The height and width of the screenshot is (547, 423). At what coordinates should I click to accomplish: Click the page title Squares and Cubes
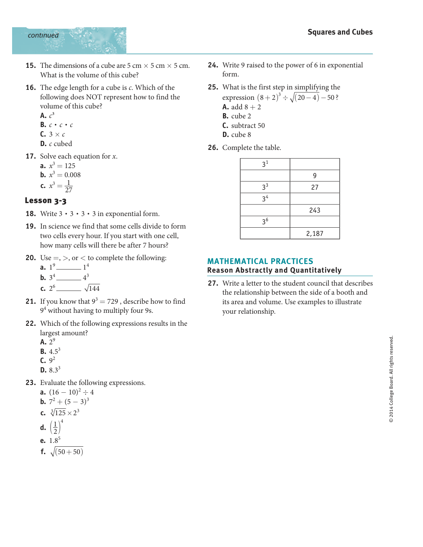point(340,32)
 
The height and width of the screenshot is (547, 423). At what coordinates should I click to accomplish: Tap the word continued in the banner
point(43,35)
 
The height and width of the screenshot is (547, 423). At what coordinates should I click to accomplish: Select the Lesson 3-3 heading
point(45,200)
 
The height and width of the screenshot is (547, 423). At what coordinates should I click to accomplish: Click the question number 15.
point(30,66)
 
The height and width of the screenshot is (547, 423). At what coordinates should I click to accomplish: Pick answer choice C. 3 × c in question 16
point(53,134)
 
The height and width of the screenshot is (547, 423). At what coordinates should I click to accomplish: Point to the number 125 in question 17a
point(70,166)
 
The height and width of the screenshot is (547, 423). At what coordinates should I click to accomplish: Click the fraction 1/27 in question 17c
point(69,186)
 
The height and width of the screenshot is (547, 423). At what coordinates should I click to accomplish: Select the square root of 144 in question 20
point(92,288)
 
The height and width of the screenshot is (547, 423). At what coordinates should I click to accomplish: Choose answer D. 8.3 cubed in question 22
point(51,370)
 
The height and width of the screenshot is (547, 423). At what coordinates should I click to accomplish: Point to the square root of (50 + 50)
point(67,452)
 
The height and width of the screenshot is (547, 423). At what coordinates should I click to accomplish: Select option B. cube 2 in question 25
point(237,116)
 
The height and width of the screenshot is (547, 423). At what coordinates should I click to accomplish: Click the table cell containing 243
point(315,210)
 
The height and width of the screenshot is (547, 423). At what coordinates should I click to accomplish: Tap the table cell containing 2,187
point(315,234)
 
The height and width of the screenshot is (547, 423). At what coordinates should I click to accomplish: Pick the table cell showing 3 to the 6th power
point(265,222)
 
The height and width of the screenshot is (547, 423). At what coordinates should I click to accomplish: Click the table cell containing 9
point(315,175)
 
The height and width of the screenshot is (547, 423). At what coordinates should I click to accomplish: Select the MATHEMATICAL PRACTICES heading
point(260,261)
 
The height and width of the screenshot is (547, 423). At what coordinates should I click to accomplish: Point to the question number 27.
point(213,283)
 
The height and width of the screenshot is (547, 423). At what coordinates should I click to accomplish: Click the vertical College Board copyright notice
point(391,379)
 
